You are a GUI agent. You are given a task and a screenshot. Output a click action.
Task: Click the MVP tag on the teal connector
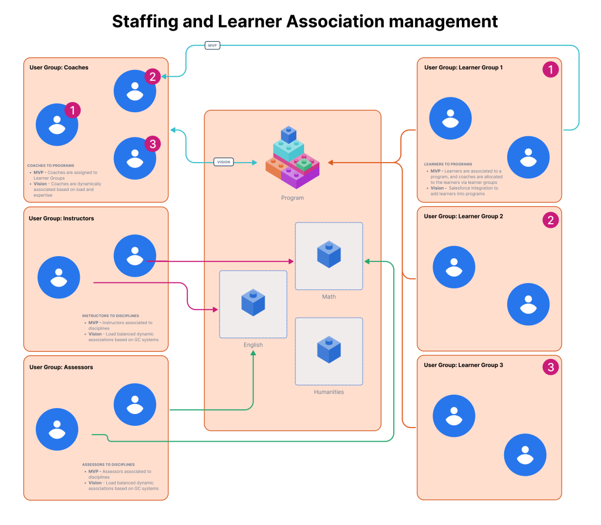point(212,45)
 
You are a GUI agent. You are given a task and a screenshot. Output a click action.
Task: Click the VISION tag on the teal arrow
point(224,161)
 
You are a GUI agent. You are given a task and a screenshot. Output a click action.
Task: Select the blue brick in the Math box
point(329,254)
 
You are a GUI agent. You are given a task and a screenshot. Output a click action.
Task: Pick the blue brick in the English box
point(253,302)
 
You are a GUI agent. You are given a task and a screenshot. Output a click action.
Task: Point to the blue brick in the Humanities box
point(329,349)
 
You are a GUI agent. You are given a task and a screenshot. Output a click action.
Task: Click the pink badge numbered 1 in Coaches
point(72,110)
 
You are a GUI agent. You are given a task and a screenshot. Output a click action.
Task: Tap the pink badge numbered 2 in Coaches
point(152,76)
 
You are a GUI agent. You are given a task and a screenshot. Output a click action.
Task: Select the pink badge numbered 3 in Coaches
point(152,144)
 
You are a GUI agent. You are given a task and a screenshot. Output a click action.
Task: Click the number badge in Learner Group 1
point(550,70)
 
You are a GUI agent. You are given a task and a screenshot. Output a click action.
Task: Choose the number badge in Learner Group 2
point(550,220)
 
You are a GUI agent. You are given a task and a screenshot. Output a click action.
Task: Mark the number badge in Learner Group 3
point(550,368)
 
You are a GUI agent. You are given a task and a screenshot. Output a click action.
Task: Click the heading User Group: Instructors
point(61,218)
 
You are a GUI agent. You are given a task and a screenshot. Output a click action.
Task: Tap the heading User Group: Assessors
point(61,367)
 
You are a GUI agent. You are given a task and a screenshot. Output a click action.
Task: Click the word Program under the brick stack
point(292,198)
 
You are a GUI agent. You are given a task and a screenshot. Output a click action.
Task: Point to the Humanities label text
point(329,392)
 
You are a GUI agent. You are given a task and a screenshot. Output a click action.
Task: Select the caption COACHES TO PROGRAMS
point(50,166)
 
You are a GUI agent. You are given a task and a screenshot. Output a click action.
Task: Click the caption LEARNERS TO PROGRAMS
point(448,164)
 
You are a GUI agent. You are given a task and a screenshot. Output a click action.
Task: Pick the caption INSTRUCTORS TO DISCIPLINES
point(110,316)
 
